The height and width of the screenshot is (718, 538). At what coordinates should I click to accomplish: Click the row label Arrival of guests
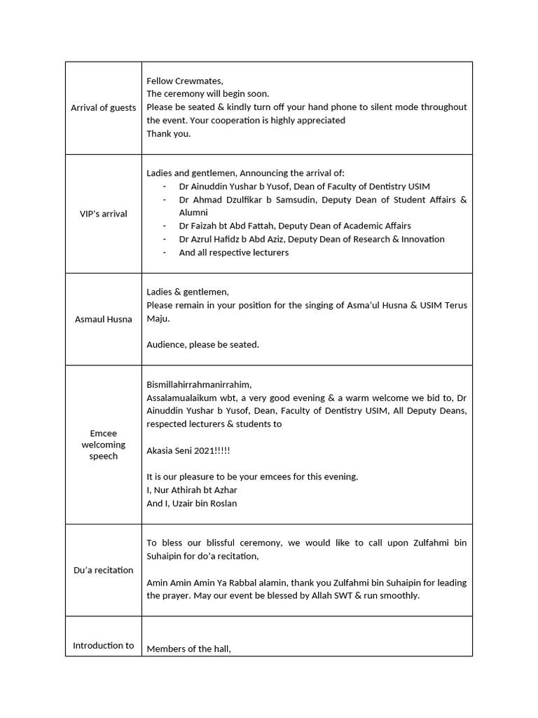103,107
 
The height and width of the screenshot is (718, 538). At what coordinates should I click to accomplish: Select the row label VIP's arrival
103,213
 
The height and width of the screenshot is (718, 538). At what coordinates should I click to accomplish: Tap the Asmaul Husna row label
103,319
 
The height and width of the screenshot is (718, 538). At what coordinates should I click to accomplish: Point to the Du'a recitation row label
103,569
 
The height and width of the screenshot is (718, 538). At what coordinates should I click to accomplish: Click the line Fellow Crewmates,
184,81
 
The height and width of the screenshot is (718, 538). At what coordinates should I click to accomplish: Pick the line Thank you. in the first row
168,133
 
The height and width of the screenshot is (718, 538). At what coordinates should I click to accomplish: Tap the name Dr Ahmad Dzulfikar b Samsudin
245,200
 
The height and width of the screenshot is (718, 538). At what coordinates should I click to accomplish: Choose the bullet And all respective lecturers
233,252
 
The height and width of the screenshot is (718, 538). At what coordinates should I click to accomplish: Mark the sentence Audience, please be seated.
202,344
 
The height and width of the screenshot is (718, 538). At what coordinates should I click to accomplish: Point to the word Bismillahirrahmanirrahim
198,384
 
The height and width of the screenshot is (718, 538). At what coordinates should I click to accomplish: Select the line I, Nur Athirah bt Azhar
191,490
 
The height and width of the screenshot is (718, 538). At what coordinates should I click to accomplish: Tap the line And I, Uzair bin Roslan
191,503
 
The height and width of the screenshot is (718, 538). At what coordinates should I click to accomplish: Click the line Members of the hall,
188,649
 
